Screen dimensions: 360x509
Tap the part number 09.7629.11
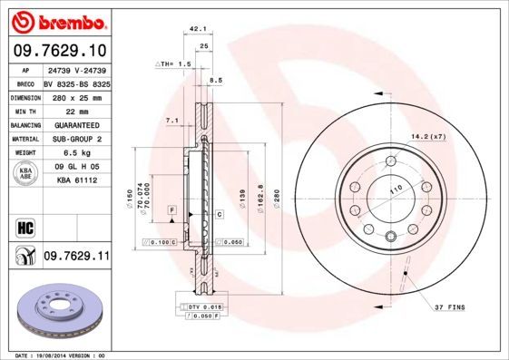pos(76,258)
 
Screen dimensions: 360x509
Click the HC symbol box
pos(24,227)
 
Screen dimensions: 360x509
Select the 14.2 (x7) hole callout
pos(428,136)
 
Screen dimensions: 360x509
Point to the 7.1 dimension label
pos(171,121)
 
